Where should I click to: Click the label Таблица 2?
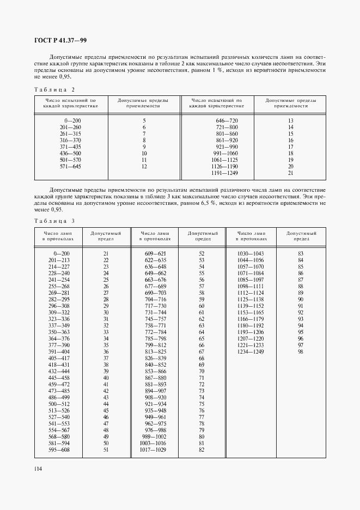54,89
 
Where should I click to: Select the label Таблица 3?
54,220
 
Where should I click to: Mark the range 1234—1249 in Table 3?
251,352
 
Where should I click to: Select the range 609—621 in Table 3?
155,254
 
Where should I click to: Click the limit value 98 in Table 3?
300,352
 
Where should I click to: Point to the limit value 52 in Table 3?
202,254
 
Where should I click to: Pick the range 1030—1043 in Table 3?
251,254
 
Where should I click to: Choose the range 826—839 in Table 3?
155,359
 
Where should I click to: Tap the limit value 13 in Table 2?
290,120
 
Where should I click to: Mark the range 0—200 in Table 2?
72,120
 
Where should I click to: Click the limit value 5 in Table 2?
144,120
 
